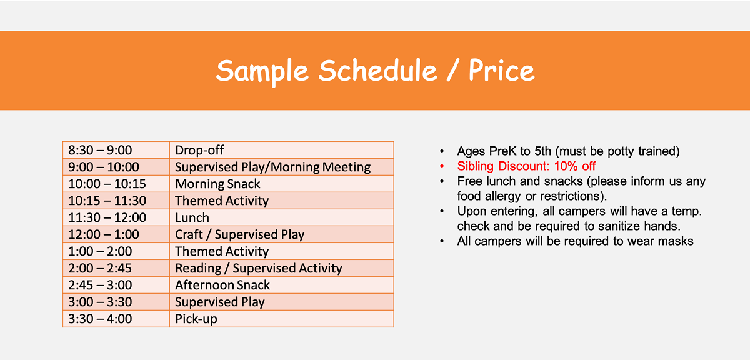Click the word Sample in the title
262,71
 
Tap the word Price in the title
501,70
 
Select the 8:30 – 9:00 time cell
116,150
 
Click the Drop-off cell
282,150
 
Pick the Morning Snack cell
282,184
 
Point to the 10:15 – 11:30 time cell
116,201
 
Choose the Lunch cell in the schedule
282,217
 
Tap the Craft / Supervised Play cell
282,234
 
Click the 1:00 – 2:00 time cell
116,251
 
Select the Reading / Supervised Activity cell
282,268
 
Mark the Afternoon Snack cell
282,285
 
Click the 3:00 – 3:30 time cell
116,302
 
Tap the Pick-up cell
282,319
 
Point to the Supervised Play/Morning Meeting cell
282,167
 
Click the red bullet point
442,166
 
